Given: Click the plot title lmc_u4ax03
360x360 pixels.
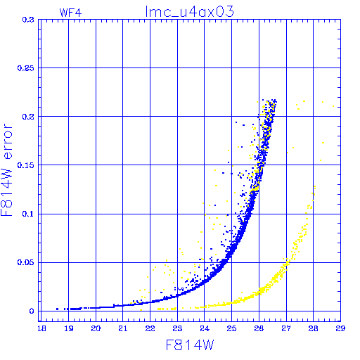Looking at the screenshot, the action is pyautogui.click(x=189, y=12).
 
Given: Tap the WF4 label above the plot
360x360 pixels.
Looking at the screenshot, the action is pyautogui.click(x=70, y=13).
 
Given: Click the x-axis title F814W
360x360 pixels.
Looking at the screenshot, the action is pyautogui.click(x=190, y=345).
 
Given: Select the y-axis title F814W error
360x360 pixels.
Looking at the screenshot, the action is pyautogui.click(x=6, y=169).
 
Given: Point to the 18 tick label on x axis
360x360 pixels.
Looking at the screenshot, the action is pyautogui.click(x=41, y=328).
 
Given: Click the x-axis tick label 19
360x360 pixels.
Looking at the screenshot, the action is pyautogui.click(x=69, y=328).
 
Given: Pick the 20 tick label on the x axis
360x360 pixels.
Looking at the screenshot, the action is pyautogui.click(x=96, y=328).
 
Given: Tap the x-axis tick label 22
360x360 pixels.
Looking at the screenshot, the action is pyautogui.click(x=150, y=328).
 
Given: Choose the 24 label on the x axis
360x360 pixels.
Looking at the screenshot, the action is pyautogui.click(x=205, y=328).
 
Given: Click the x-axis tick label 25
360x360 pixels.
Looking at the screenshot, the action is pyautogui.click(x=231, y=328).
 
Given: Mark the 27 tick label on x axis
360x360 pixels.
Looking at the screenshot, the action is pyautogui.click(x=286, y=328).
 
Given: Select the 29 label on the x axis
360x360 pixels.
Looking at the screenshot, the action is pyautogui.click(x=340, y=328).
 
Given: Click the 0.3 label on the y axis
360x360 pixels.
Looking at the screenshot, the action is pyautogui.click(x=28, y=20).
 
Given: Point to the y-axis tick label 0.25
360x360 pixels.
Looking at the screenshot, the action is pyautogui.click(x=26, y=68).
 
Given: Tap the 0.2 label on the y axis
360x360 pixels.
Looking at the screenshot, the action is pyautogui.click(x=28, y=117).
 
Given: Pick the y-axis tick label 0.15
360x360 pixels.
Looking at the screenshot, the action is pyautogui.click(x=26, y=165).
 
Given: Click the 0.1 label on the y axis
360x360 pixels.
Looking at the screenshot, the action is pyautogui.click(x=28, y=214).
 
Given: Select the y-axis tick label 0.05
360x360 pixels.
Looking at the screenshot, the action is pyautogui.click(x=26, y=262).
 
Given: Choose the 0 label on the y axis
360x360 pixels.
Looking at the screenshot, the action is pyautogui.click(x=32, y=311).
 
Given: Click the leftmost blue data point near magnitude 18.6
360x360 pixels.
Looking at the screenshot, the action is pyautogui.click(x=57, y=309).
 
